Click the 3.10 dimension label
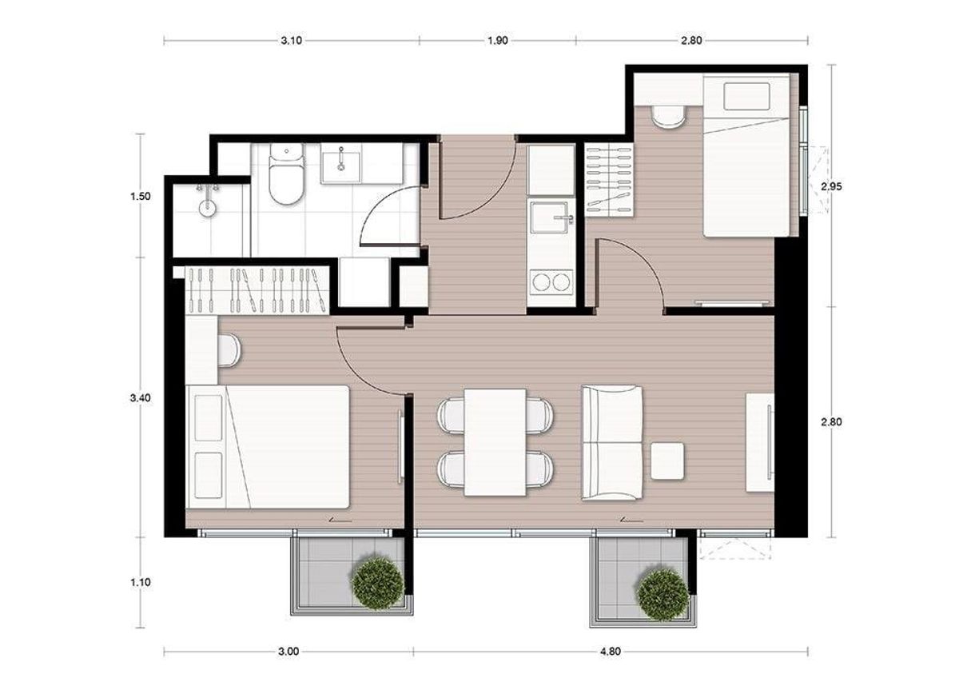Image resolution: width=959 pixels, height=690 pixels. (x=291, y=41)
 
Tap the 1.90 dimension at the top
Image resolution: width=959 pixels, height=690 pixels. (x=498, y=41)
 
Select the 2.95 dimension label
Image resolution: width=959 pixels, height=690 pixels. (x=831, y=186)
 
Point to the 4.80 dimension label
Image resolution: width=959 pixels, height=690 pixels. (x=610, y=652)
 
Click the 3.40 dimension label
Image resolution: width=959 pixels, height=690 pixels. (x=141, y=398)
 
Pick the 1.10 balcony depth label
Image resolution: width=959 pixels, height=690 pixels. (x=141, y=582)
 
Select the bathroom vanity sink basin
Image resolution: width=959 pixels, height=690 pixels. (x=341, y=163)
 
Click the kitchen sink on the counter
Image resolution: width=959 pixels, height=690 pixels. (x=551, y=217)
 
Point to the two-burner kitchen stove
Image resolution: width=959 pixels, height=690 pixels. (x=551, y=281)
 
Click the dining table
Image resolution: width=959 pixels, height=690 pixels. (x=495, y=442)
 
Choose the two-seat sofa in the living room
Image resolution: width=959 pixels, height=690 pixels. (x=612, y=442)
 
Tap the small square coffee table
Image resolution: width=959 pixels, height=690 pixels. (x=667, y=461)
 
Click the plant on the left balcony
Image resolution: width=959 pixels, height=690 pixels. (x=377, y=583)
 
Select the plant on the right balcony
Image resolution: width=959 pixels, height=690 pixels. (x=663, y=594)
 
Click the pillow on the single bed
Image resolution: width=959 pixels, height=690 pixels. (x=746, y=96)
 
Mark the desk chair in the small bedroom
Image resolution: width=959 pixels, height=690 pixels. (x=668, y=117)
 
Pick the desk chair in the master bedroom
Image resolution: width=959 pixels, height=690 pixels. (x=229, y=350)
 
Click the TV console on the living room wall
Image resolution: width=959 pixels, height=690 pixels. (x=760, y=442)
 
